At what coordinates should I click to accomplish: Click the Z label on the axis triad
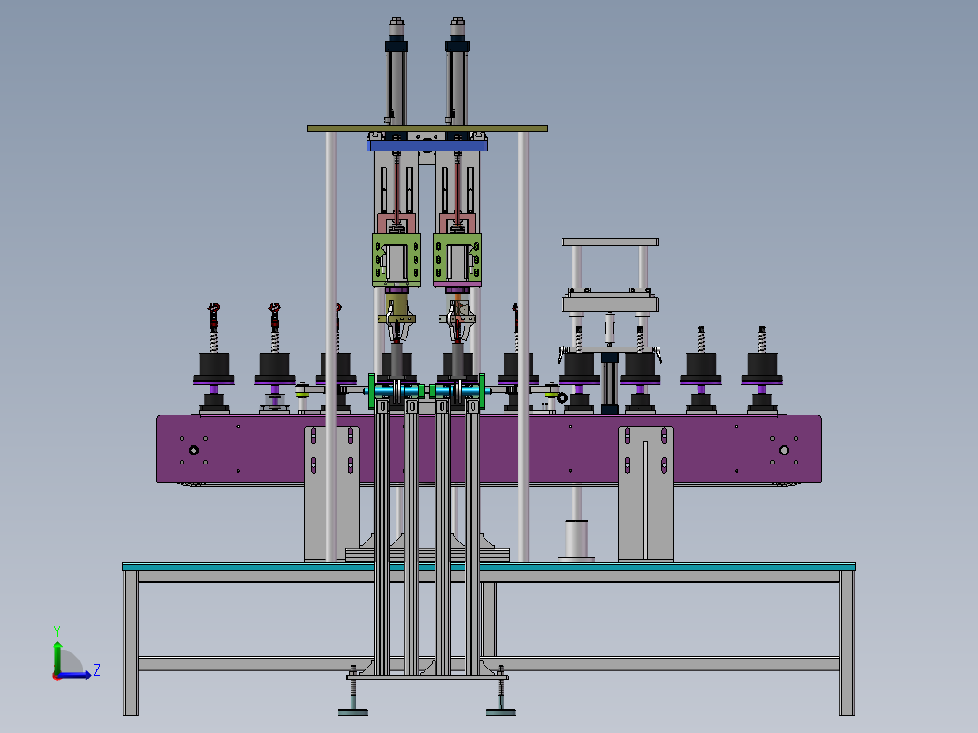(96, 670)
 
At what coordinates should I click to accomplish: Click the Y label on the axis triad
(56, 630)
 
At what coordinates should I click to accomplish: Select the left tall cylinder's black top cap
(396, 44)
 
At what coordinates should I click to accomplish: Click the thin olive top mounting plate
(426, 129)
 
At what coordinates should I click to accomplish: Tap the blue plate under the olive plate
(427, 144)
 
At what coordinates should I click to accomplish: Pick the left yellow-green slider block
(396, 259)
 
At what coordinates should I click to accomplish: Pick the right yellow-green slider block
(457, 259)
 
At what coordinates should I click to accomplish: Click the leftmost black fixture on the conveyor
(213, 366)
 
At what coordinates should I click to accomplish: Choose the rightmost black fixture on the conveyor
(763, 366)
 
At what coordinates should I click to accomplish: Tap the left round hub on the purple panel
(193, 450)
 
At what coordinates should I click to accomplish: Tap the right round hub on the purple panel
(785, 449)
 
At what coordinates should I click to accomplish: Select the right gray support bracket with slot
(646, 494)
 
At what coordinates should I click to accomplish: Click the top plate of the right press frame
(609, 242)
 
